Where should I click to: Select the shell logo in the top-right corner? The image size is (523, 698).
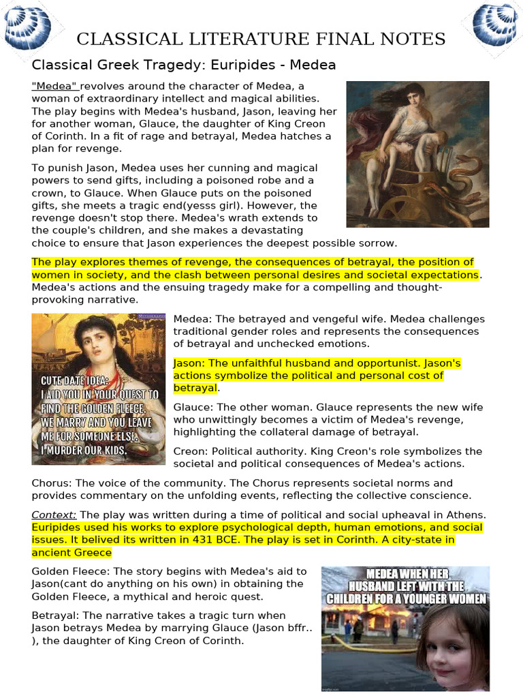tap(495, 23)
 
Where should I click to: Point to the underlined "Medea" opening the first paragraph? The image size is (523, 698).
tap(56, 86)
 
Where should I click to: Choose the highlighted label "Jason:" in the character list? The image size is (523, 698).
tap(191, 363)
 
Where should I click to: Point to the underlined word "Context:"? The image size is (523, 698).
tap(54, 515)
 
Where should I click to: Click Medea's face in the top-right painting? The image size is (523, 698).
tap(413, 97)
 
